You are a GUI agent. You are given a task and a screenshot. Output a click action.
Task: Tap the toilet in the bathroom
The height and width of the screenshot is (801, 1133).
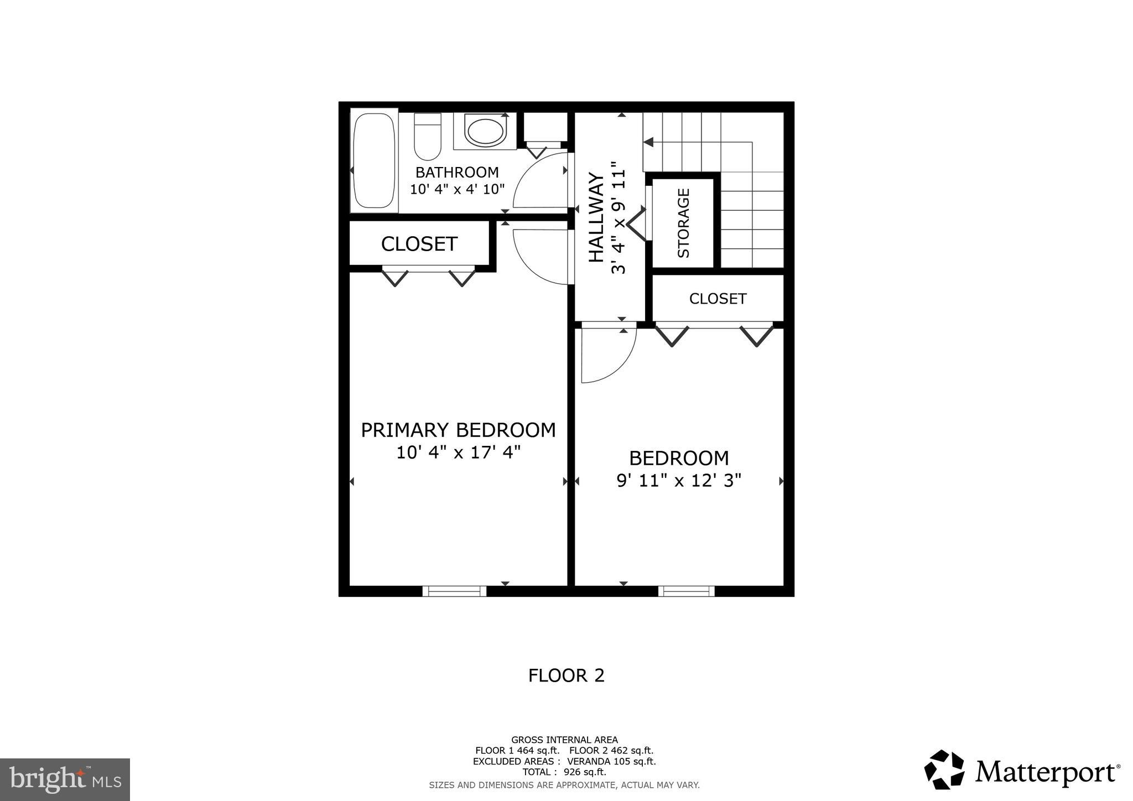click(x=427, y=136)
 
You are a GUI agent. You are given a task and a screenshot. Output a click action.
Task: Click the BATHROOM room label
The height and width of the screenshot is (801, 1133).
click(x=457, y=172)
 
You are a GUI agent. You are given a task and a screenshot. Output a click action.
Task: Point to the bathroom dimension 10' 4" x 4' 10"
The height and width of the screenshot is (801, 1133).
click(x=457, y=189)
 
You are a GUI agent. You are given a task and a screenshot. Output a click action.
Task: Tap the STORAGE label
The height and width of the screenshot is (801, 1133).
click(x=684, y=223)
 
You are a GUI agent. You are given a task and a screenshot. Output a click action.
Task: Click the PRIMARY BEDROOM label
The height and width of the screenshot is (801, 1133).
click(x=458, y=430)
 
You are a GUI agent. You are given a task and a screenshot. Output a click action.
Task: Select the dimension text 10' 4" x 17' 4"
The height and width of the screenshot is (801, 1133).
click(x=458, y=452)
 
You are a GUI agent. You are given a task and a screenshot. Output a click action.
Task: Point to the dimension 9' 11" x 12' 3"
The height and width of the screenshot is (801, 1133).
click(x=679, y=480)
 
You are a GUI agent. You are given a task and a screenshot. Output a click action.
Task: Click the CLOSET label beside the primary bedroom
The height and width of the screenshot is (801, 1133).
click(x=419, y=244)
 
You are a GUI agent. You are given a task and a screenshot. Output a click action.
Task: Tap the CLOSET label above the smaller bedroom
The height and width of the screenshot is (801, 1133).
click(x=718, y=299)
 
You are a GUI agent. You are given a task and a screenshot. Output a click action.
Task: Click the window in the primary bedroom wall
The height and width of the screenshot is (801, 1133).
click(x=454, y=591)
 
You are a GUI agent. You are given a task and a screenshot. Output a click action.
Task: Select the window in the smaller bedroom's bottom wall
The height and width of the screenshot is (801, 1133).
click(x=686, y=591)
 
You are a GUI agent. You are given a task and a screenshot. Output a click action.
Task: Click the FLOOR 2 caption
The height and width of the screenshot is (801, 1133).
click(x=566, y=675)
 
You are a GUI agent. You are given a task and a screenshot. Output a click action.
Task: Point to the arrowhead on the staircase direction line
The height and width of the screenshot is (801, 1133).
click(x=648, y=142)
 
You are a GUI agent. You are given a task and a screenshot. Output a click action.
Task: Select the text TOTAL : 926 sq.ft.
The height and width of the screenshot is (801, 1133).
click(x=564, y=772)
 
